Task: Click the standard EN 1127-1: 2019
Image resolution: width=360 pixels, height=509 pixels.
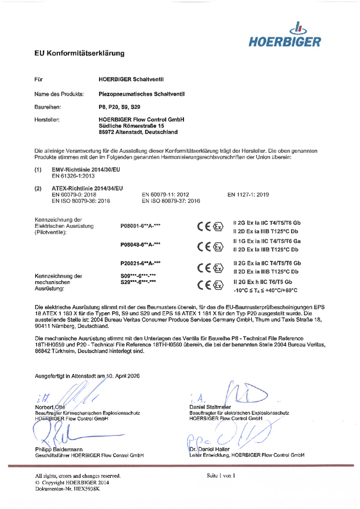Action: pyautogui.click(x=248, y=195)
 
